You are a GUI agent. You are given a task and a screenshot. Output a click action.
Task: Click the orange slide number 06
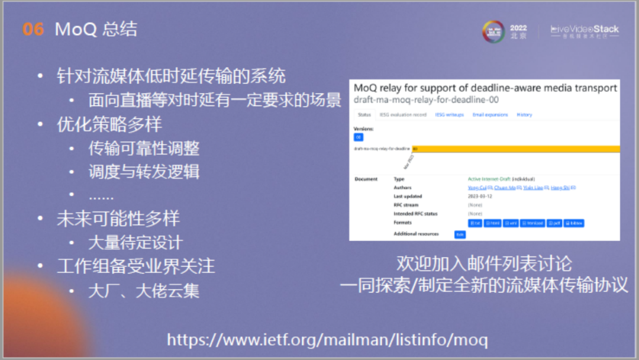click(x=33, y=29)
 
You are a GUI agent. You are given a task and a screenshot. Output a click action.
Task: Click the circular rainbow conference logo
click(x=493, y=31)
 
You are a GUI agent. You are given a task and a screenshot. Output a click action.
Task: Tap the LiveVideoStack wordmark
click(x=585, y=29)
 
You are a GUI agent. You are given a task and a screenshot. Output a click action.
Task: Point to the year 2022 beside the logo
click(x=518, y=28)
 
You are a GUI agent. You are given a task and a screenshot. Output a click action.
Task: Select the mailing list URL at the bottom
click(x=327, y=340)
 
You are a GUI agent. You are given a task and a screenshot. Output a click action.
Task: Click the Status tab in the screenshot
click(x=364, y=114)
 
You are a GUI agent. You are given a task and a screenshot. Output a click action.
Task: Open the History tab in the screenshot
click(x=524, y=114)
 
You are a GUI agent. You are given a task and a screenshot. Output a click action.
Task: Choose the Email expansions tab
click(x=490, y=114)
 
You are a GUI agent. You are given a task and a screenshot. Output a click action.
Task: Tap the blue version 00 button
click(x=359, y=137)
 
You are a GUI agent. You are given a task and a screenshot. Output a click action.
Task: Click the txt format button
click(x=475, y=223)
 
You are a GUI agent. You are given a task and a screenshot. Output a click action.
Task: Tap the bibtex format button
click(x=573, y=223)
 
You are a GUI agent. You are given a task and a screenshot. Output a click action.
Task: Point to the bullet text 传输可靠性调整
click(x=144, y=148)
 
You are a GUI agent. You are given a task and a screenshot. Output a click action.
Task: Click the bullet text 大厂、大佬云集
click(x=144, y=291)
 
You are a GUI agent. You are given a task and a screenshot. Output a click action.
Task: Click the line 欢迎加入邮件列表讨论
click(x=484, y=263)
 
